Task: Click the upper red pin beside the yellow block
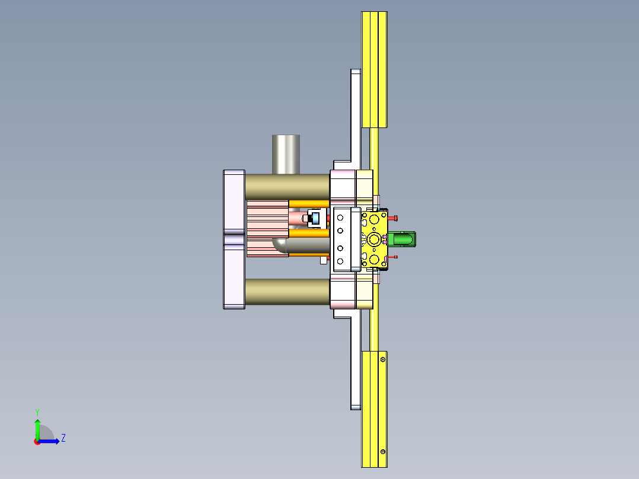pos(395,218)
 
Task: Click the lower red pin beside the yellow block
pos(395,257)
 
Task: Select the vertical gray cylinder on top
pos(286,154)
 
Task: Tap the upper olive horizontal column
pos(287,187)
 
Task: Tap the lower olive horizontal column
pos(287,292)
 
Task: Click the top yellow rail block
pos(374,69)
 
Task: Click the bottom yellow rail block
pos(374,408)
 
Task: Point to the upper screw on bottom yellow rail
pos(383,359)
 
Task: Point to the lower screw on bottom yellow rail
pos(383,452)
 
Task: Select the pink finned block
pos(267,228)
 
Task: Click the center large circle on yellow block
pos(374,239)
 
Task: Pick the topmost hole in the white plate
pos(341,218)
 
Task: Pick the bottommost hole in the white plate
pos(341,261)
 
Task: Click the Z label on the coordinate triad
pos(63,438)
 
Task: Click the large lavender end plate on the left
pos(234,239)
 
